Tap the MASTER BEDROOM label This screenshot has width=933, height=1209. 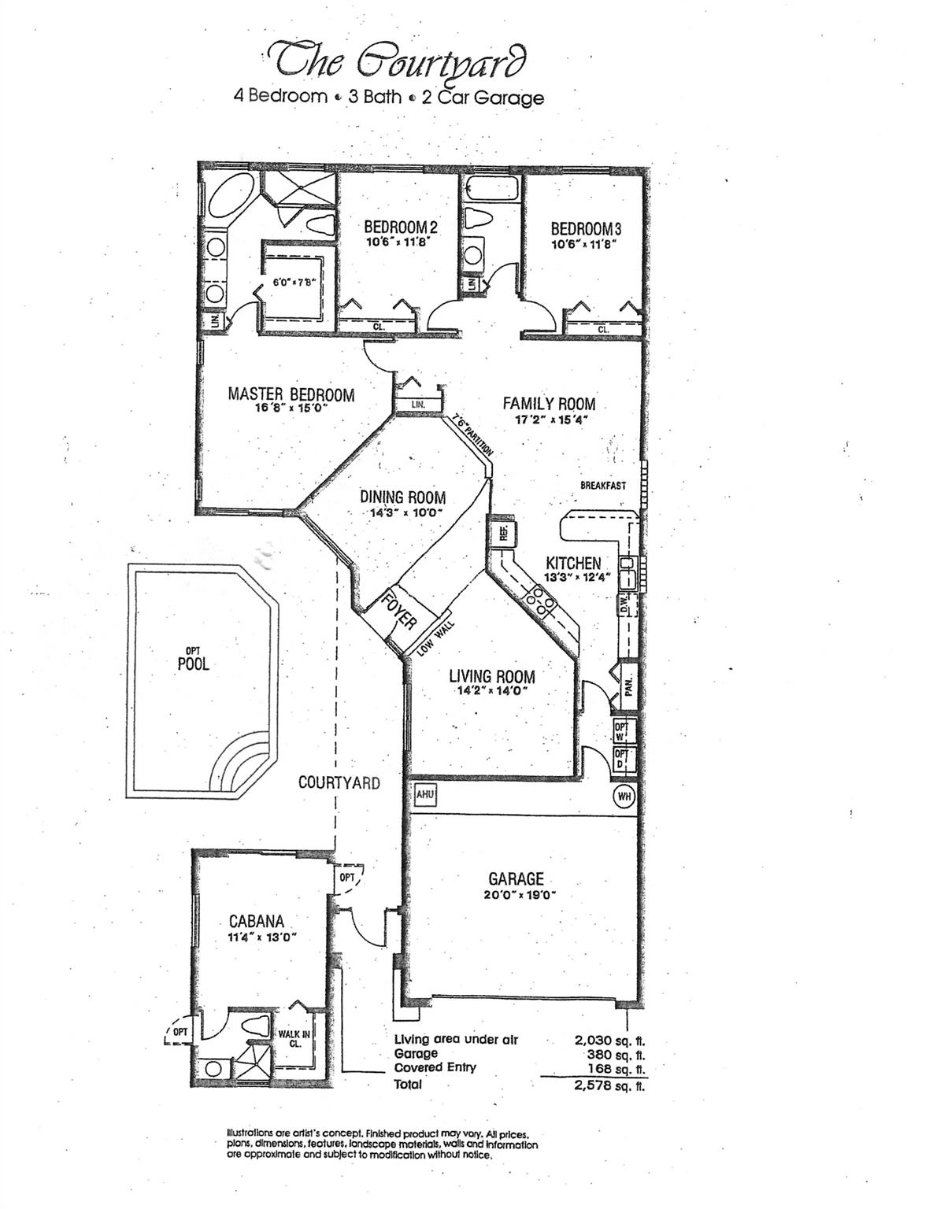pos(291,394)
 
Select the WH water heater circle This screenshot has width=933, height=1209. pos(624,797)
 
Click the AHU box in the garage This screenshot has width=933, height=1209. pos(425,795)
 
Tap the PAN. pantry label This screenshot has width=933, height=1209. pos(628,686)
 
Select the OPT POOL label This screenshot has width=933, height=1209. pos(193,660)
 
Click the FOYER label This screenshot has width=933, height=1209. pos(399,611)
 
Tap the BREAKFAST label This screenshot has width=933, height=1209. pos(603,486)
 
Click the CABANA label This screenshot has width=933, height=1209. pos(257,921)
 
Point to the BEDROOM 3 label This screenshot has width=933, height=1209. pos(586,228)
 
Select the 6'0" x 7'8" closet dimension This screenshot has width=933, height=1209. pos(294,281)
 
